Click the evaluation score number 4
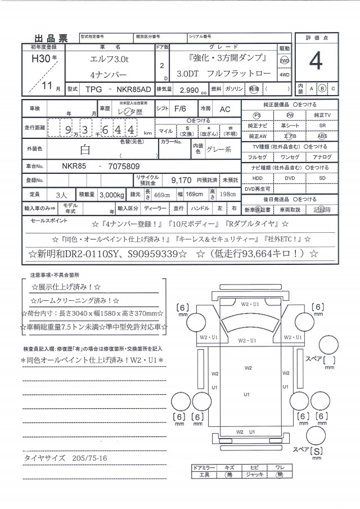pos(316,61)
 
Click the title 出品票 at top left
pos(51,38)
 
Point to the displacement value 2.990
pos(190,89)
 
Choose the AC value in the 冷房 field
pos(224,109)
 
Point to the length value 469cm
pos(162,194)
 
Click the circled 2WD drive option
pos(285,60)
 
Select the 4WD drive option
pos(285,74)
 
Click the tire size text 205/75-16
pos(89,458)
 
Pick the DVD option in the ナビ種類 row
pos(289,178)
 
